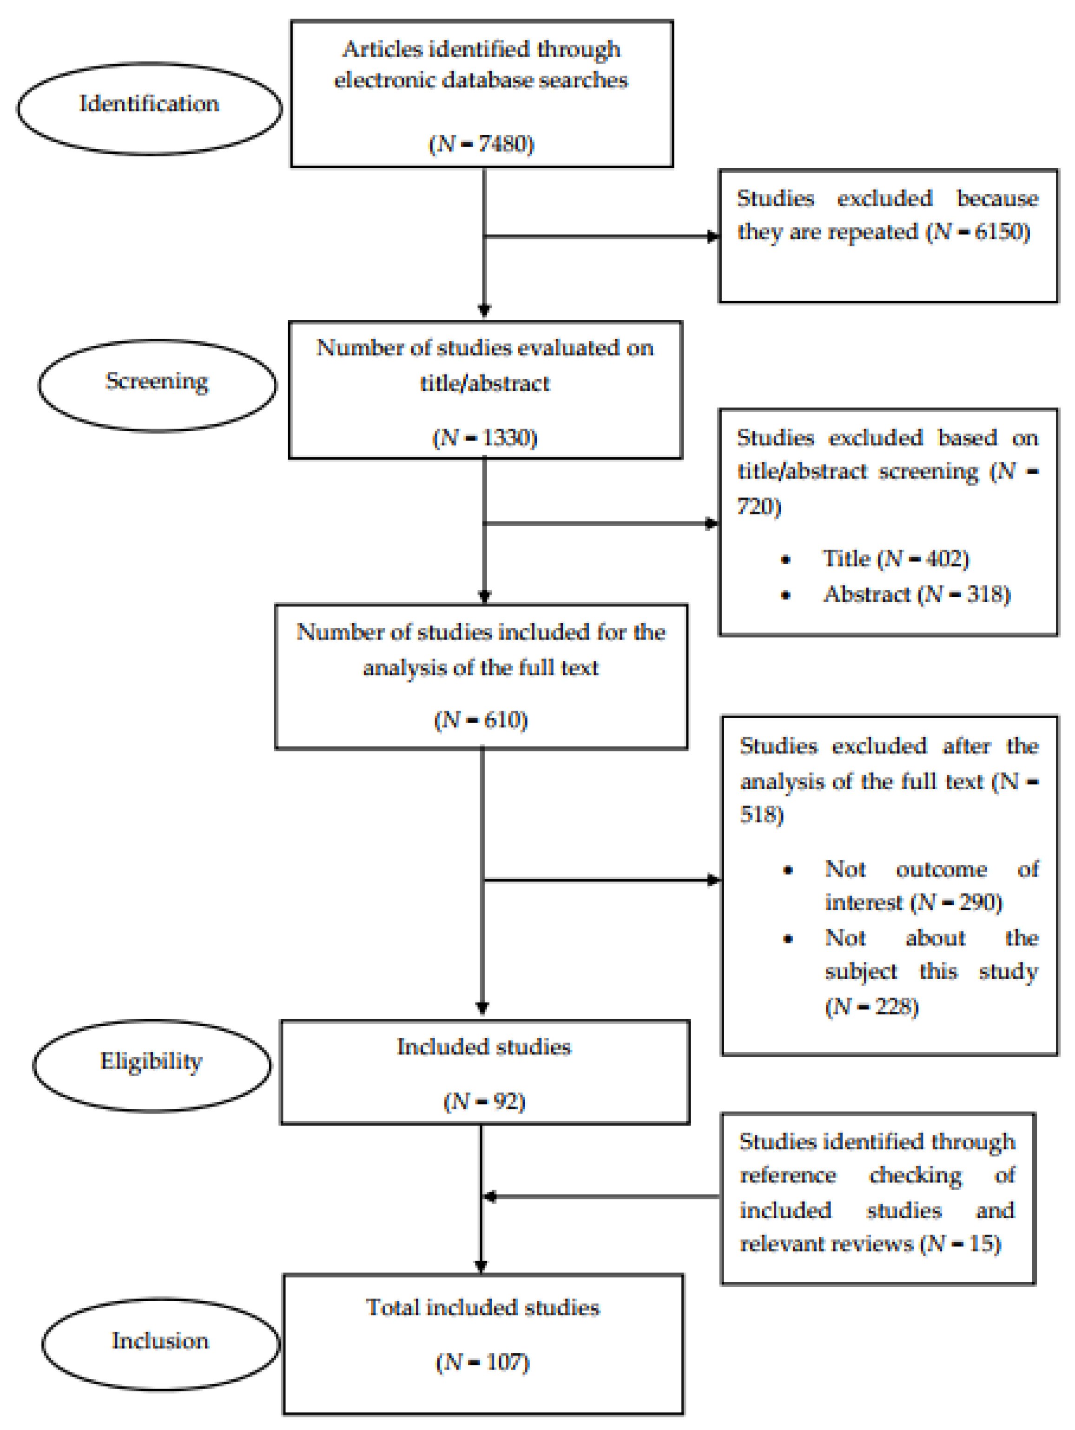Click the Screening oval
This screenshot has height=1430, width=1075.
pyautogui.click(x=157, y=385)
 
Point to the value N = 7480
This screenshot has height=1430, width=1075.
pyautogui.click(x=481, y=144)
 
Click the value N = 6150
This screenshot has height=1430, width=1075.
pyautogui.click(x=978, y=231)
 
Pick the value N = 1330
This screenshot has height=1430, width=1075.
pyautogui.click(x=484, y=438)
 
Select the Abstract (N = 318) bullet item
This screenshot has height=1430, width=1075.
pyautogui.click(x=916, y=593)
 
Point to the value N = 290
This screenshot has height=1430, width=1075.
pyautogui.click(x=956, y=902)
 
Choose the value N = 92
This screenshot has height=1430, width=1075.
pyautogui.click(x=484, y=1101)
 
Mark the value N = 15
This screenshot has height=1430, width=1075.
pyautogui.click(x=961, y=1243)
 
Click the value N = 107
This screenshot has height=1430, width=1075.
pyautogui.click(x=482, y=1362)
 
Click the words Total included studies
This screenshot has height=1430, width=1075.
pyautogui.click(x=482, y=1307)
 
